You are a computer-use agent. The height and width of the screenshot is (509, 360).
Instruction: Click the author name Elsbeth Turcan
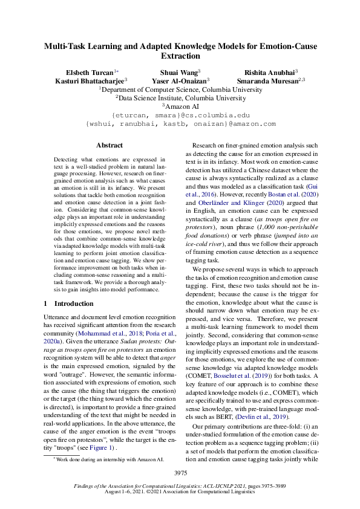90,71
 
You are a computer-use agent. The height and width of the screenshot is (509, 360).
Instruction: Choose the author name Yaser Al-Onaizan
180,80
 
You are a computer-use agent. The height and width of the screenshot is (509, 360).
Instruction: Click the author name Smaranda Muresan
269,80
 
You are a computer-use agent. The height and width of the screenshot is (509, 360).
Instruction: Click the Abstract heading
110,145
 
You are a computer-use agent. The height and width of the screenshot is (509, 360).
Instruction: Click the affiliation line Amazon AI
180,105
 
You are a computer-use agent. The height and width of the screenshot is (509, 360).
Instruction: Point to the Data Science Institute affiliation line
180,97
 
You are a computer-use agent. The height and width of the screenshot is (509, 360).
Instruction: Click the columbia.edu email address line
180,114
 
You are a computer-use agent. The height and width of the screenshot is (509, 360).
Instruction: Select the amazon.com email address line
180,123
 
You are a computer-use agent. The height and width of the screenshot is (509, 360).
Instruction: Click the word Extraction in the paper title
180,56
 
